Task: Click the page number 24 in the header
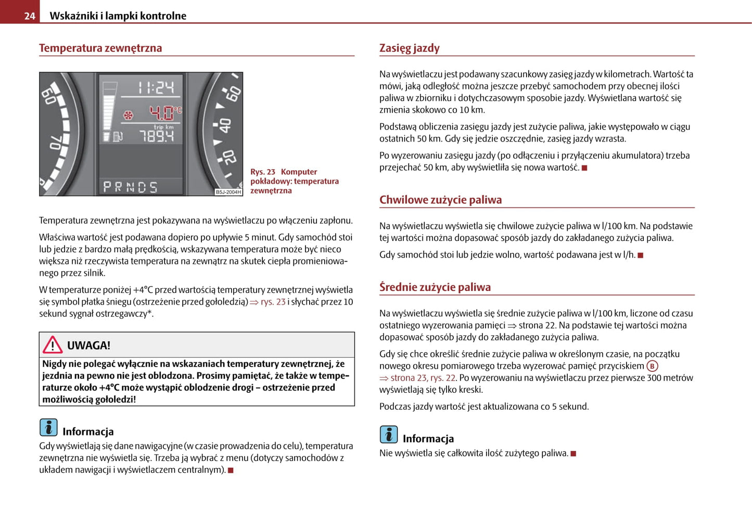30,16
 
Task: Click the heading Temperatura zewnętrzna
100,48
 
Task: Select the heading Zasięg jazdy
409,48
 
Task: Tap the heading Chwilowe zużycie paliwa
440,200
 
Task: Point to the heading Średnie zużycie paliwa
435,287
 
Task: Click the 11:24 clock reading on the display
156,87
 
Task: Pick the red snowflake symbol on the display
128,115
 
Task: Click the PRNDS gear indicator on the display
130,187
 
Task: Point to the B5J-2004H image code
228,192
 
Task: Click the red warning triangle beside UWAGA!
53,345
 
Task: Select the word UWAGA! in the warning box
88,345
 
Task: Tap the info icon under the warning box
48,428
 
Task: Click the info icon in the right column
389,434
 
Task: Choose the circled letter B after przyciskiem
652,366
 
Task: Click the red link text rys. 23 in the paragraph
273,302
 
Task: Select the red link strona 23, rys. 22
423,378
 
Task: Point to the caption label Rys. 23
263,172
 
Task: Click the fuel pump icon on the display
118,137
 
